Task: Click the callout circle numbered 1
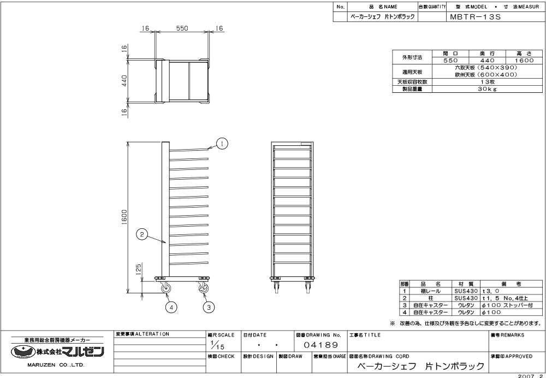(x=222, y=144)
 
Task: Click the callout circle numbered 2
(x=142, y=234)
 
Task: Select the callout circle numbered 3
(x=209, y=307)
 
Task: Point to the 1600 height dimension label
(x=124, y=217)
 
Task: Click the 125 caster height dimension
(x=138, y=269)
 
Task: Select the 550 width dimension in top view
(x=182, y=28)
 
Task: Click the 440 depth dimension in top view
(x=124, y=81)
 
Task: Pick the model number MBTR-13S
(x=476, y=17)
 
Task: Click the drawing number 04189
(x=321, y=345)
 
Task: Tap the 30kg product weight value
(x=487, y=89)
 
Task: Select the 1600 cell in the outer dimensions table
(x=524, y=60)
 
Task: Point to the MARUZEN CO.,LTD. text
(x=56, y=365)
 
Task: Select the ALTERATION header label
(x=142, y=334)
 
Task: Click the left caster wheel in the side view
(x=165, y=289)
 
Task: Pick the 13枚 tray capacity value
(x=487, y=82)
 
